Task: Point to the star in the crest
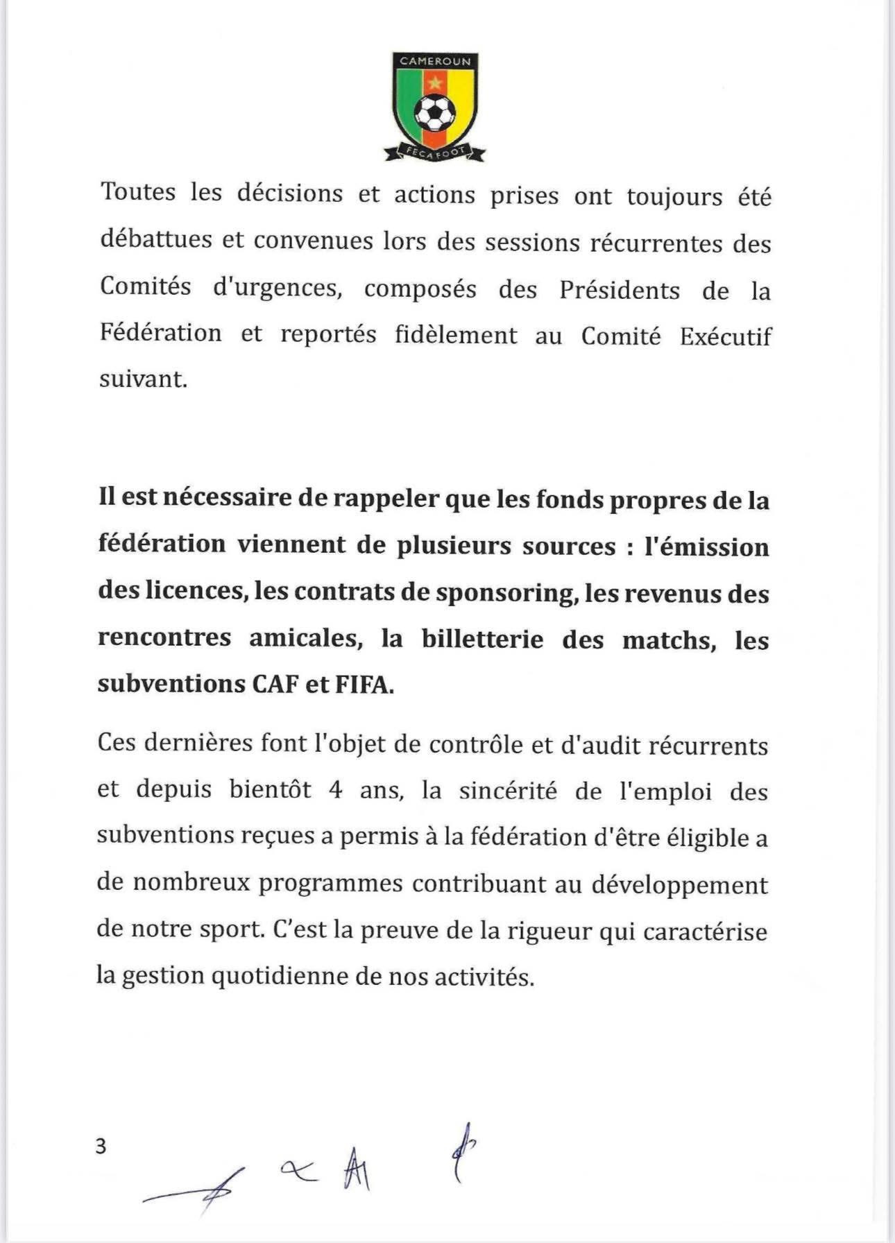[x=435, y=83]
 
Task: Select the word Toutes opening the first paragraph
[x=137, y=192]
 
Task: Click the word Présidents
[x=620, y=290]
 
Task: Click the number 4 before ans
[x=336, y=791]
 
